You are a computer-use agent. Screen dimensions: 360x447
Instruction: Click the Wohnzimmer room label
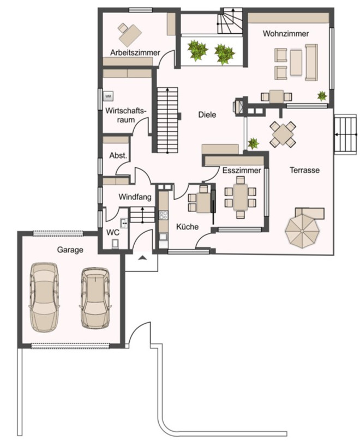point(286,34)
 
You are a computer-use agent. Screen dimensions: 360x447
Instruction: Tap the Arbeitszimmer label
point(135,53)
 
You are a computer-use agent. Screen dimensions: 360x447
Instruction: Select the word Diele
point(207,115)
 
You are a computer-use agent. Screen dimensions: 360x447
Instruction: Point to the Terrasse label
point(304,170)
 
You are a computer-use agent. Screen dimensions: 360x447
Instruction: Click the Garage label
point(70,250)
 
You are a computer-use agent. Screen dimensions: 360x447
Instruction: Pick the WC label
point(113,232)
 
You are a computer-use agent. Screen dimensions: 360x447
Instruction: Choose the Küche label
point(187,227)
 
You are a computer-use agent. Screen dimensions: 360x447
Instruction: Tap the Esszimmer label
point(242,171)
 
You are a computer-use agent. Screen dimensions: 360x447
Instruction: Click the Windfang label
point(135,197)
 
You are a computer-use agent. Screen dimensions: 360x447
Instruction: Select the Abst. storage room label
point(118,156)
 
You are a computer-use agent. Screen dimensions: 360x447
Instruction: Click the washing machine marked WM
point(108,96)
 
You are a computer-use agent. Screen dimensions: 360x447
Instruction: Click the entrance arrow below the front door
point(142,258)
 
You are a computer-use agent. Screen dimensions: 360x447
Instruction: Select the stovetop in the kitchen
point(164,215)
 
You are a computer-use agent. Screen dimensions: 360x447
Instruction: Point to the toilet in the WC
point(115,244)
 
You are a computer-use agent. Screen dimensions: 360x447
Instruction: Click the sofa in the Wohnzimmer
point(311,63)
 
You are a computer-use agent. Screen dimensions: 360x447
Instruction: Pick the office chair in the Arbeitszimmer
point(123,28)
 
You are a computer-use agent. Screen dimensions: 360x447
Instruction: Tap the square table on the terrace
point(283,134)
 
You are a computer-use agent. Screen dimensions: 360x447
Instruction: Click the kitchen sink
point(163,237)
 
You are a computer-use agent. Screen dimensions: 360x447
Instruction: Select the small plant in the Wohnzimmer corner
point(322,96)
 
